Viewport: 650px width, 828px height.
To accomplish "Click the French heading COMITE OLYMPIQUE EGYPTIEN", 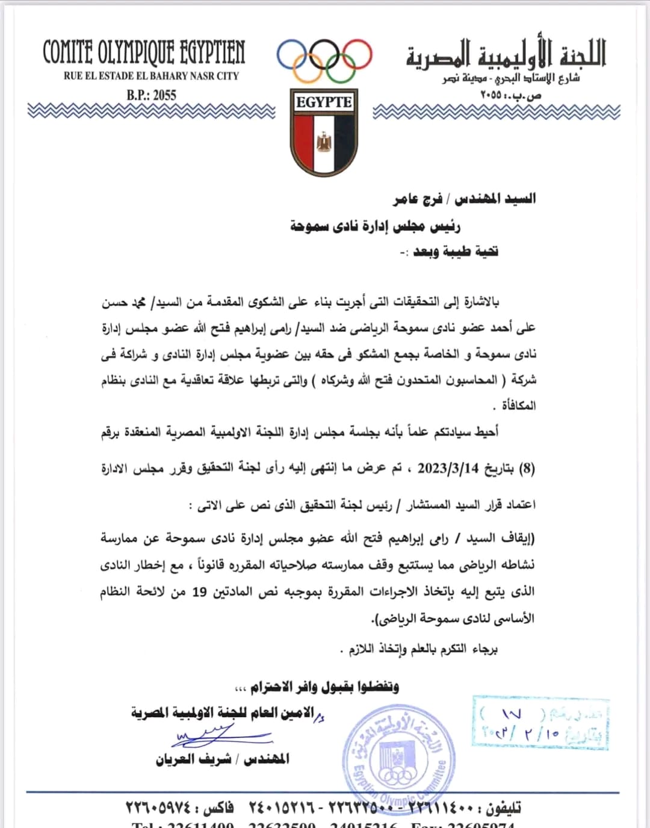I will [144, 53].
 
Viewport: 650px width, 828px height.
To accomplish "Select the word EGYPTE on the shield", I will [324, 102].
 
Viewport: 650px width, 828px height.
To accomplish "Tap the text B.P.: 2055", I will [151, 95].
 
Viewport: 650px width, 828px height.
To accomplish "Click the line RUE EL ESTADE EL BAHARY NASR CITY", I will [151, 76].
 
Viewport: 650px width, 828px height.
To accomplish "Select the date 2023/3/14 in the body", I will [448, 468].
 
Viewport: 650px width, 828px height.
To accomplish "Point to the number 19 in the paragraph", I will [199, 592].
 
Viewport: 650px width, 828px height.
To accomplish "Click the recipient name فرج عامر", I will [418, 198].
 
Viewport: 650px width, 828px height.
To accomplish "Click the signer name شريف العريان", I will [193, 759].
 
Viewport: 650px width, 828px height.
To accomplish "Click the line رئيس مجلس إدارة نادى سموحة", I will [376, 226].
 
